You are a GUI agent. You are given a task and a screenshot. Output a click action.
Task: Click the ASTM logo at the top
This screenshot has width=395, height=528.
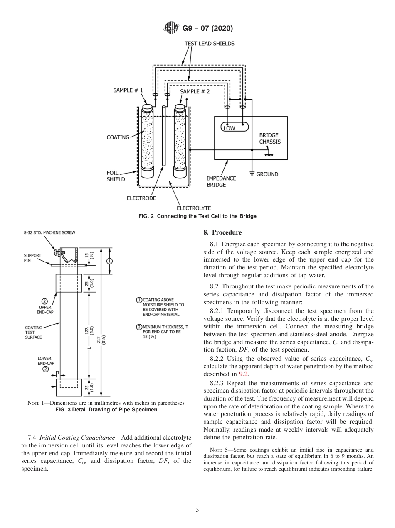(171, 28)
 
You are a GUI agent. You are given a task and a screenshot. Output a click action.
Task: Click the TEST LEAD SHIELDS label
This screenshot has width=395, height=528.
(209, 43)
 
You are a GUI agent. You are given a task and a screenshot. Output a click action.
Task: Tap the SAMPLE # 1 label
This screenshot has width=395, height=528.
(128, 90)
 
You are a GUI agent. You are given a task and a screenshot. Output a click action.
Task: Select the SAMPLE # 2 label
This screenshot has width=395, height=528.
(195, 91)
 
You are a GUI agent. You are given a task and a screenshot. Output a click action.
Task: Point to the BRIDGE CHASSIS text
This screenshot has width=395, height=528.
(270, 138)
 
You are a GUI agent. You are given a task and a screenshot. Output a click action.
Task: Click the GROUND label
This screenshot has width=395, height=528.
(267, 174)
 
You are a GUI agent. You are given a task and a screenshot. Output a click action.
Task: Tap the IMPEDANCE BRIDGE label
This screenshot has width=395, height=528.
(221, 181)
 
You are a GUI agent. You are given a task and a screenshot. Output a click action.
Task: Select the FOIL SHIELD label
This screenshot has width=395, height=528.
(116, 176)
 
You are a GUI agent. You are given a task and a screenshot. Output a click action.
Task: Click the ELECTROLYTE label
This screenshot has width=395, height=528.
(194, 208)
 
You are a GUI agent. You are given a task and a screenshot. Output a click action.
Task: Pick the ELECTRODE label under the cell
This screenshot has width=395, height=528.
(141, 198)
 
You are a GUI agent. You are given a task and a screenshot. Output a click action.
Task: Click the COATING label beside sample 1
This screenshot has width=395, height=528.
(118, 137)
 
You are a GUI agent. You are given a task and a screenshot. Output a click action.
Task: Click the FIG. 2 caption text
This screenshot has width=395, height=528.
(197, 216)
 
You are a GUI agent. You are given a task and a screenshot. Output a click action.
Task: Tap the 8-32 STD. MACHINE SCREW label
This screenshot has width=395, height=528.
(49, 233)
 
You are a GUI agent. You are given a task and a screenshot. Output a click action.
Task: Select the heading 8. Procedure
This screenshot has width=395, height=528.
(222, 232)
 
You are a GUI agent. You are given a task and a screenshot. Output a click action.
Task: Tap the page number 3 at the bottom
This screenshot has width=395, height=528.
(197, 510)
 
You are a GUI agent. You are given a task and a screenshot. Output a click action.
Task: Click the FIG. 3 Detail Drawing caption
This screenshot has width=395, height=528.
(106, 410)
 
